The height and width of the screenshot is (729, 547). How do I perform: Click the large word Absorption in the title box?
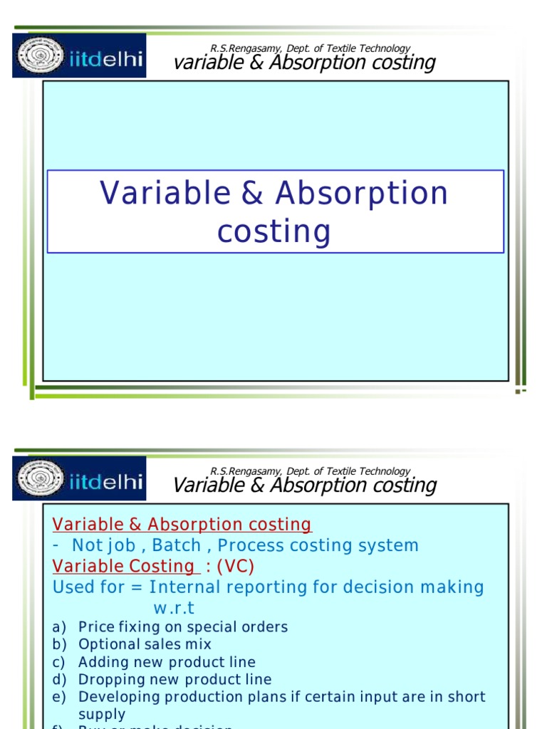pos(362,194)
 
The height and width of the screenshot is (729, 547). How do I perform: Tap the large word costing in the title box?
pos(274,231)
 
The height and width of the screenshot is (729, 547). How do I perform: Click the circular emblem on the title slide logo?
pos(42,56)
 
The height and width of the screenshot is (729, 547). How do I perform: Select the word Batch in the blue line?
pos(177,545)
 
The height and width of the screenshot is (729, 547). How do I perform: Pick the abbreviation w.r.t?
pos(174,608)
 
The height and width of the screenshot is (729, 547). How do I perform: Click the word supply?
pos(102,714)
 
